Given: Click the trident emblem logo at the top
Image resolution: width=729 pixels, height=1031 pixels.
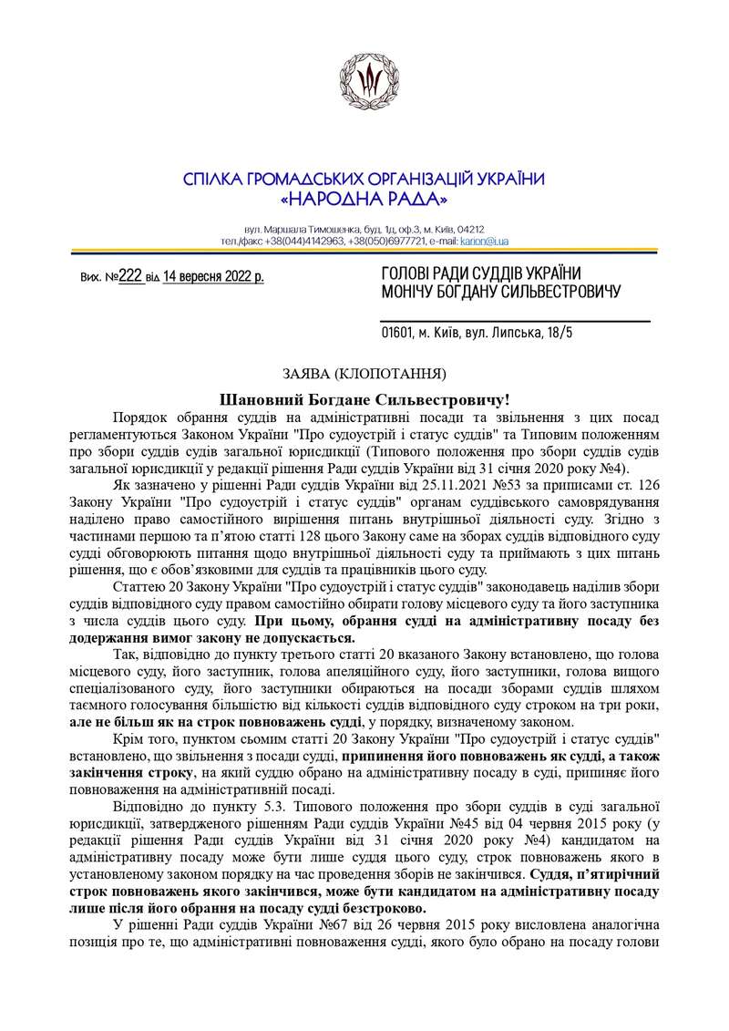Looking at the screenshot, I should (364, 79).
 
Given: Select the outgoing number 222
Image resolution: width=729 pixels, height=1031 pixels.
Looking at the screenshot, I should (131, 274).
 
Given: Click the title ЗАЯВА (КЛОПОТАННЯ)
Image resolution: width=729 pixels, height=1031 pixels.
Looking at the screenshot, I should (364, 373).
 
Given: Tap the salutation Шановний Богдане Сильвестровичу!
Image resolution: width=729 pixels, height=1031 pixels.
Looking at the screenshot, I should (364, 398).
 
